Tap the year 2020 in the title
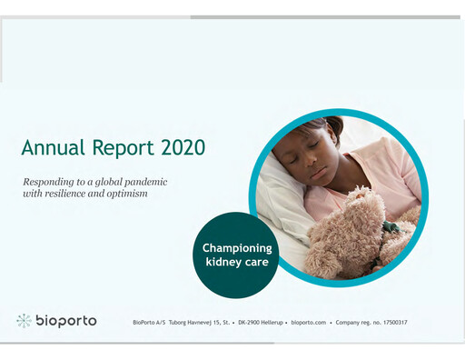pos(180,147)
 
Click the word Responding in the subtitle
pos(54,183)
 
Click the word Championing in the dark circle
pos(236,247)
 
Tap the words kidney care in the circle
pos(236,263)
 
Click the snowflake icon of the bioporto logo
pos(24,321)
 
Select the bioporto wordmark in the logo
pos(65,321)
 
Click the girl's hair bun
pos(334,124)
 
